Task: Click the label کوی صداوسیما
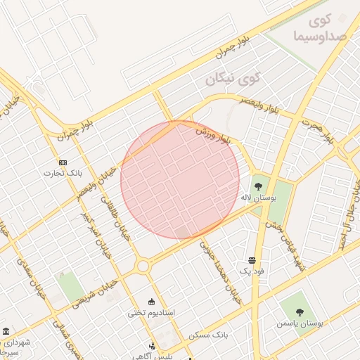tap(313, 27)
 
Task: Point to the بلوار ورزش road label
tap(213, 136)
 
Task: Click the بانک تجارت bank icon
tap(63, 162)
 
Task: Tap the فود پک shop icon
tap(252, 259)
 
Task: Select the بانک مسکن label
tap(210, 335)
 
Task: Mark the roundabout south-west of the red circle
tap(143, 266)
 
